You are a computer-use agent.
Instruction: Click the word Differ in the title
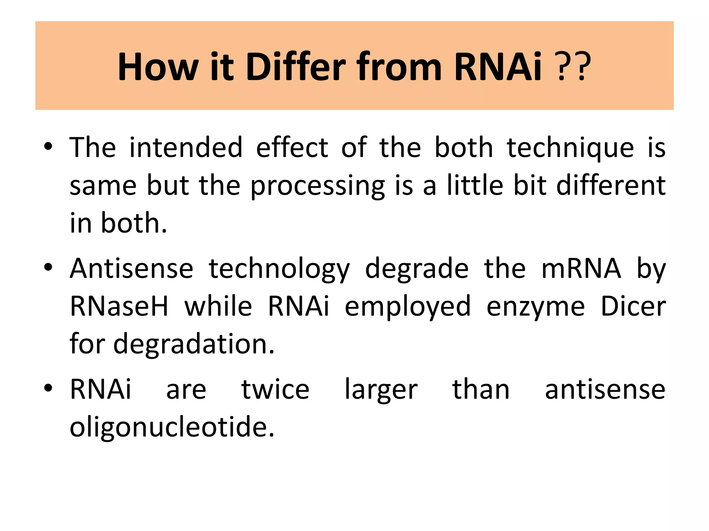pos(295,66)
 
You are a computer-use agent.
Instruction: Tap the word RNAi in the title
pos(497,66)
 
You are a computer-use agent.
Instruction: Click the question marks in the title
pos(573,66)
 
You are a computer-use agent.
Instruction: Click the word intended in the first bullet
pos(186,148)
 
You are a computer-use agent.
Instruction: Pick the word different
pos(611,185)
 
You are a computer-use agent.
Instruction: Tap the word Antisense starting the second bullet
pos(132,269)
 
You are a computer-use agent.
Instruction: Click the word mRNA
pos(581,269)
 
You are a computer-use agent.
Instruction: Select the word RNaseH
pos(119,306)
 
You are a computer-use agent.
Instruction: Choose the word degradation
pos(194,345)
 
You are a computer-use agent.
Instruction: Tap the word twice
pos(275,390)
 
